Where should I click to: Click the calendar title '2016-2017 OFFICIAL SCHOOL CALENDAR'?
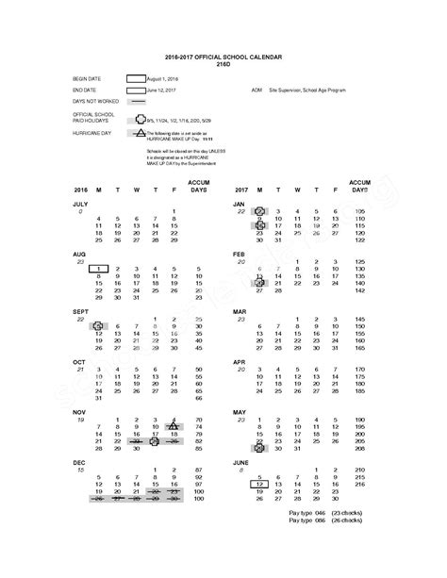(x=223, y=58)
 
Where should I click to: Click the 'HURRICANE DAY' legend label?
(x=91, y=135)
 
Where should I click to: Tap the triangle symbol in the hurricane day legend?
(x=138, y=134)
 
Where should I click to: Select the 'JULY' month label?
(x=80, y=204)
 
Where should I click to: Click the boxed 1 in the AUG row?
(x=98, y=270)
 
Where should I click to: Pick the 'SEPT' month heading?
(x=81, y=310)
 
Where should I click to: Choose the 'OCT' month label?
(x=79, y=361)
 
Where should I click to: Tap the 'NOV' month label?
(x=79, y=412)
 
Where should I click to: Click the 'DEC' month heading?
(x=79, y=462)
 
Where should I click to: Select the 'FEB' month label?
(x=239, y=255)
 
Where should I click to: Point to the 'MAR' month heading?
(x=240, y=310)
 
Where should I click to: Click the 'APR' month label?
(x=240, y=361)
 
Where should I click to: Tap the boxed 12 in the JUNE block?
(x=258, y=483)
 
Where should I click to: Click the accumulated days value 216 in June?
(x=359, y=483)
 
